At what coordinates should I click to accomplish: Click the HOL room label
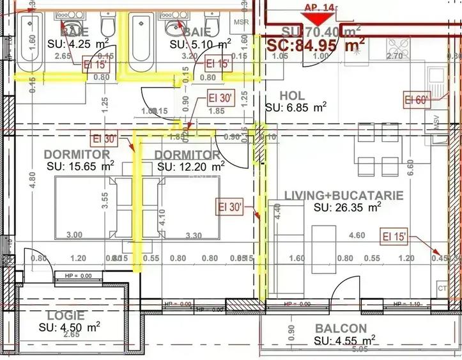(292, 95)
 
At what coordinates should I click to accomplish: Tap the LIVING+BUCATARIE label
(344, 195)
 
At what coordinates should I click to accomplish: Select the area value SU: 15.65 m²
(81, 166)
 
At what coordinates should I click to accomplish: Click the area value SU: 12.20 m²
(190, 166)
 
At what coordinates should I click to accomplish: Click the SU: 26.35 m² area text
(348, 207)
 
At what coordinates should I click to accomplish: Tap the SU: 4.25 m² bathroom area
(77, 43)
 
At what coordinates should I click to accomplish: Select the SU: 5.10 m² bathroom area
(200, 44)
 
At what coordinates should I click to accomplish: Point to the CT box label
(442, 287)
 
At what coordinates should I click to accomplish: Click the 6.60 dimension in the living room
(411, 166)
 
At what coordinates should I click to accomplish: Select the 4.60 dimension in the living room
(357, 235)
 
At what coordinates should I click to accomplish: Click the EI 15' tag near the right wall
(395, 236)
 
